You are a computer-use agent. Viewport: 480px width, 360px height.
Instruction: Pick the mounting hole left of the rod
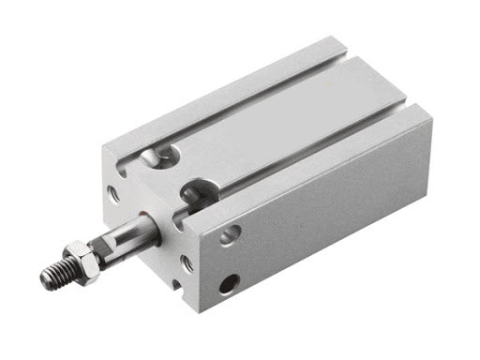[113, 195]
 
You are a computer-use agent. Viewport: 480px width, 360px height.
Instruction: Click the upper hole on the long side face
[229, 234]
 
